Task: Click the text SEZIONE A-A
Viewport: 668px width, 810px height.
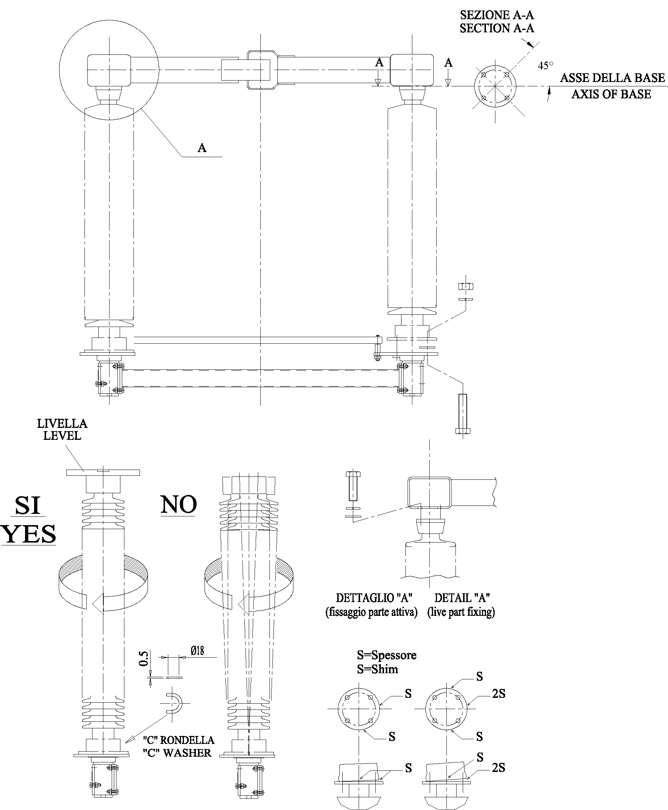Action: (x=497, y=15)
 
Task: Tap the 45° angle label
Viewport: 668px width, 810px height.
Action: (x=546, y=65)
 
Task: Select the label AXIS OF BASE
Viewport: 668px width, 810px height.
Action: (x=611, y=94)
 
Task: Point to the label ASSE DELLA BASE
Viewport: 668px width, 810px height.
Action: (x=612, y=78)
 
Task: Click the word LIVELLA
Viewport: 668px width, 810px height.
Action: (x=62, y=424)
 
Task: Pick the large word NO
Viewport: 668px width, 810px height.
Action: (x=178, y=504)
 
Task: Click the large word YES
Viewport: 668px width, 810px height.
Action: (x=29, y=534)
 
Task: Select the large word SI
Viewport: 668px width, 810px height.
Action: (x=28, y=506)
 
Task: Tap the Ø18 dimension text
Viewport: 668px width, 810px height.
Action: (x=197, y=651)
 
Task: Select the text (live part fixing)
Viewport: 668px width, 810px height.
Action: (x=461, y=612)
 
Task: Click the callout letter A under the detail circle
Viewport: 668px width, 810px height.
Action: (x=202, y=148)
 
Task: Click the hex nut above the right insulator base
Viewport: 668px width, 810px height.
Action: (x=466, y=286)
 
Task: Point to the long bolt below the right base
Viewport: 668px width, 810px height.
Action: (x=462, y=414)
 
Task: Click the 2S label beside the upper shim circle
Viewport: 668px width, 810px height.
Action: (x=499, y=694)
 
